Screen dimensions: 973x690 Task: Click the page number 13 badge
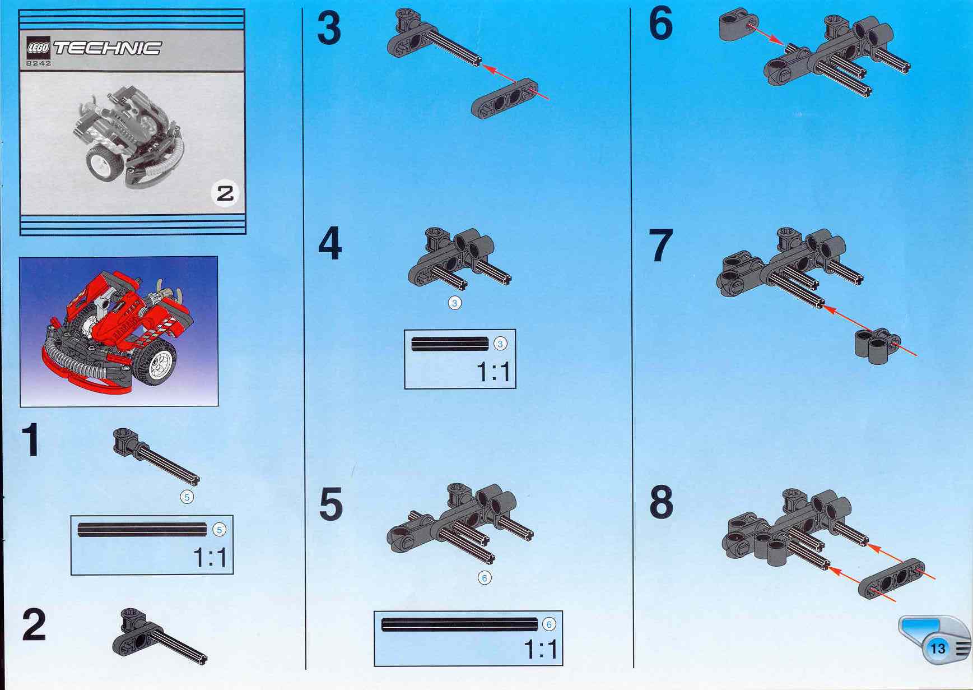pyautogui.click(x=938, y=649)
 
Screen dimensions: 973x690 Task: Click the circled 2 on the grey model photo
pyautogui.click(x=225, y=194)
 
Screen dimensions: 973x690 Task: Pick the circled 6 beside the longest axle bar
pyautogui.click(x=548, y=624)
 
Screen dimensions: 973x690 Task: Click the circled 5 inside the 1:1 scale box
pyautogui.click(x=219, y=530)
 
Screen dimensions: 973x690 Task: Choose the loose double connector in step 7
pyautogui.click(x=877, y=345)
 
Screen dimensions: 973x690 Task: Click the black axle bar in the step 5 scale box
pyautogui.click(x=459, y=624)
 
